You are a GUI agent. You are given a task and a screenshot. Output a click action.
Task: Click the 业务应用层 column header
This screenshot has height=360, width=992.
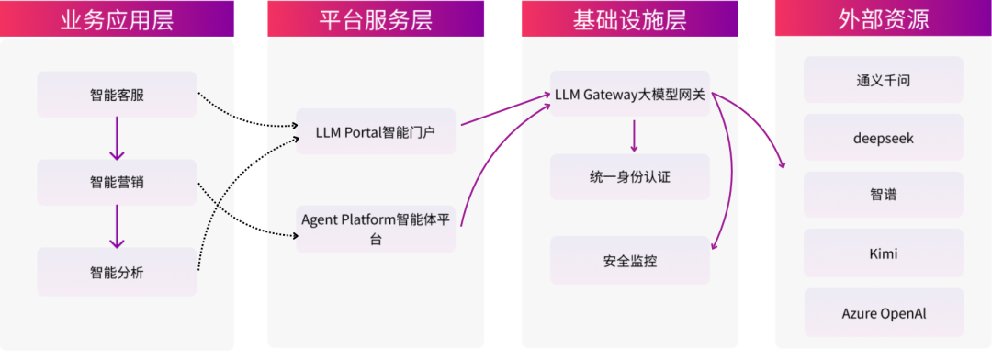[x=117, y=18]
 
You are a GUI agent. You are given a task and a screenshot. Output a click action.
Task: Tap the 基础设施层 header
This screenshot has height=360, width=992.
[x=629, y=18]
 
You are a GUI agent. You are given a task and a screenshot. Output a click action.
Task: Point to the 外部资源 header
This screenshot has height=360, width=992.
[x=883, y=18]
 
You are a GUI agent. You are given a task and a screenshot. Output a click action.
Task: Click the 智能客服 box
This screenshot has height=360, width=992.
[x=117, y=95]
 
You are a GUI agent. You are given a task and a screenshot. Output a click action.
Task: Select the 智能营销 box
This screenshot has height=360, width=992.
[x=117, y=182]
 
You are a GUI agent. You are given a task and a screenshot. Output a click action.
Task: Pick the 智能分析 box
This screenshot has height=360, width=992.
[x=117, y=272]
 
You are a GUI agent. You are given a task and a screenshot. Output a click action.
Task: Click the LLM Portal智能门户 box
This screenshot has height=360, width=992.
[x=375, y=132]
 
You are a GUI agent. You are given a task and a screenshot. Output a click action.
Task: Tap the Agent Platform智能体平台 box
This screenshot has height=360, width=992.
[x=375, y=229]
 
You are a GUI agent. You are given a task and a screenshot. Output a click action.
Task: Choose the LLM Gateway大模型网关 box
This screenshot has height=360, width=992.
[x=629, y=95]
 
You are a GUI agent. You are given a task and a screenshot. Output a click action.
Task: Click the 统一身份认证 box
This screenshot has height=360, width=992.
[x=629, y=176]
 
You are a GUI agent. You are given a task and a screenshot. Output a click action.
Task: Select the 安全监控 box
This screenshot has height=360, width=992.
[x=629, y=261]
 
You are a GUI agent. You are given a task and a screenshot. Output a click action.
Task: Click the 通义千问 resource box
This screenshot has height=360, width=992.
[x=883, y=80]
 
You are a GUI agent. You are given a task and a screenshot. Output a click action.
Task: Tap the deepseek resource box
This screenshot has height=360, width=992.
[x=883, y=138]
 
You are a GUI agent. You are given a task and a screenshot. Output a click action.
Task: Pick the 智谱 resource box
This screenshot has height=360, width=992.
[x=883, y=195]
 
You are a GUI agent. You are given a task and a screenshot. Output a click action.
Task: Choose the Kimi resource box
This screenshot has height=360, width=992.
[x=883, y=253]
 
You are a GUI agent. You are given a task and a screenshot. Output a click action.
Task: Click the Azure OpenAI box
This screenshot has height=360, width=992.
[x=883, y=313]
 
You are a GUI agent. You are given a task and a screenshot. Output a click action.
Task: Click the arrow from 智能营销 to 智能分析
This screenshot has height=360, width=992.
[x=117, y=227]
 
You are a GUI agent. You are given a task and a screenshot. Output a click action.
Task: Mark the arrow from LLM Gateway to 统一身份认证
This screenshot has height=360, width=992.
[x=633, y=136]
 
